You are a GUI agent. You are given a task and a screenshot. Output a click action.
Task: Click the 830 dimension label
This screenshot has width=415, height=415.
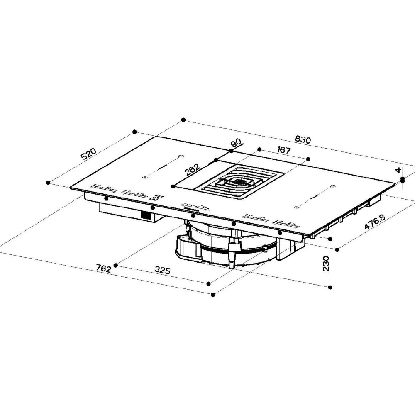[303, 139]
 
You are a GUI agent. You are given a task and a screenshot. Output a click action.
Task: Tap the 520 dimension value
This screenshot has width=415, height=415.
[88, 154]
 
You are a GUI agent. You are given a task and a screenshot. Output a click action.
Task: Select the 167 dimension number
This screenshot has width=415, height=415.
[284, 150]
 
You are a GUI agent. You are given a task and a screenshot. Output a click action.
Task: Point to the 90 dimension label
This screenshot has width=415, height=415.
[237, 143]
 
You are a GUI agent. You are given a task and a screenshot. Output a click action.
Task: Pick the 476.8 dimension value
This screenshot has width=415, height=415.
[375, 222]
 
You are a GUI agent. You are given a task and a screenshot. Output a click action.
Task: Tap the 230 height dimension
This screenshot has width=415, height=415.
[326, 264]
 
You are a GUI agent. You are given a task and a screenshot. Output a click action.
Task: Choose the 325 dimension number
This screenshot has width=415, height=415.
[163, 270]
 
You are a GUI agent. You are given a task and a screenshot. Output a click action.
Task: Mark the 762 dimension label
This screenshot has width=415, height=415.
[103, 269]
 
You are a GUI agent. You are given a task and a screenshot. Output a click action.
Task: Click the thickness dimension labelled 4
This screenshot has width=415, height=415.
[398, 170]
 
